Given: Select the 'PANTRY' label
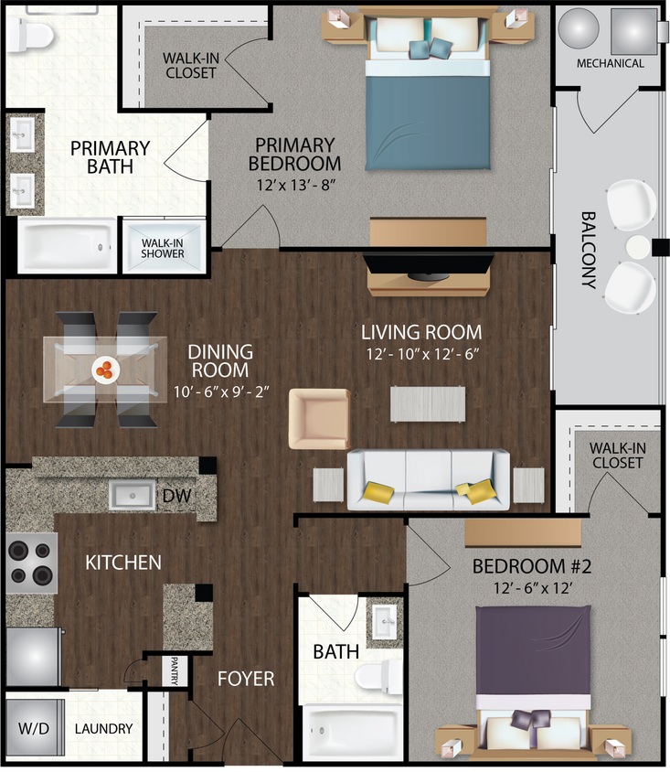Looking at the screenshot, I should click(175, 670).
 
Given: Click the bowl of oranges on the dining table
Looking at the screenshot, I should click(106, 369).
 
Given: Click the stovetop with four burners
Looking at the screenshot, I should click(32, 563).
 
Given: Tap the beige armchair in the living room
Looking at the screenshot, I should click(319, 419).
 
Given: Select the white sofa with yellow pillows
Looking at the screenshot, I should click(428, 478).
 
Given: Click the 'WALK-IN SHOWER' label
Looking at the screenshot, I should click(163, 247).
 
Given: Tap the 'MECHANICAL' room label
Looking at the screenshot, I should click(610, 63).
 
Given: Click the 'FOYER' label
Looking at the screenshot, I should click(245, 679).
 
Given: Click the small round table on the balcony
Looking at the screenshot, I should click(636, 247).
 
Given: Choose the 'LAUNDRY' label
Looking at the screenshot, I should click(103, 729).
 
